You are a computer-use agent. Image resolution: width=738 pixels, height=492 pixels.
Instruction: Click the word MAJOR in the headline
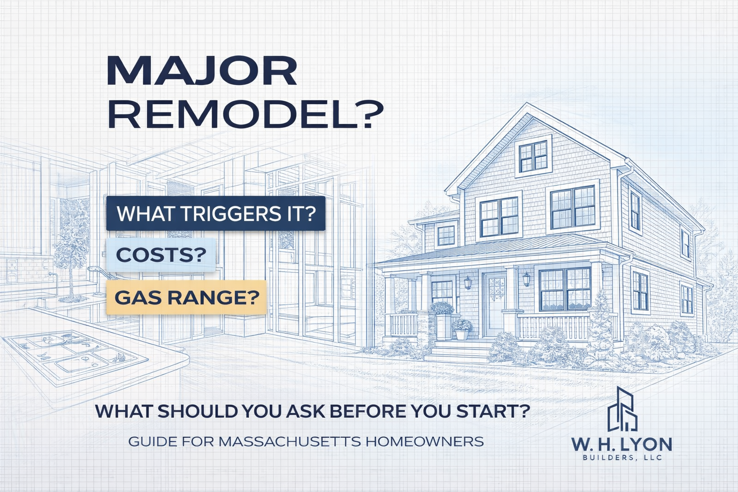[202, 72]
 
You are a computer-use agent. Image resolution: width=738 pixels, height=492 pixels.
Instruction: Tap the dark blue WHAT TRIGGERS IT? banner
[216, 213]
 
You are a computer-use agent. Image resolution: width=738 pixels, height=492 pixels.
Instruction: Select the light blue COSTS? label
[161, 255]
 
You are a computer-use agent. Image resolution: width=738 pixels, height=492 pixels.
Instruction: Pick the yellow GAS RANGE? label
[186, 297]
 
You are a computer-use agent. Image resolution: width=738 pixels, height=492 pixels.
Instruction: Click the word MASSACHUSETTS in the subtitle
[289, 441]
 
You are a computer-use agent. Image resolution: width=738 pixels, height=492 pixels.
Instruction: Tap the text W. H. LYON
[622, 443]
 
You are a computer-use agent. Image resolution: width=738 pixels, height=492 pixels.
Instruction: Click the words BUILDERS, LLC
[622, 457]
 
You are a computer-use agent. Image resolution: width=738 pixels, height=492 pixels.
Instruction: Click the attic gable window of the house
[533, 157]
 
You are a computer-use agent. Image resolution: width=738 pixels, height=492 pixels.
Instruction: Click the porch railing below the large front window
[553, 327]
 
